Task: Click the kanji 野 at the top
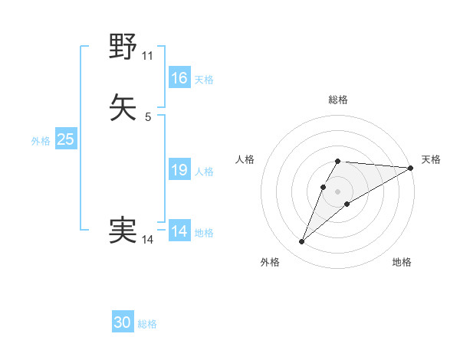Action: (123, 47)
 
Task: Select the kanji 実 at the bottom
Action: (123, 230)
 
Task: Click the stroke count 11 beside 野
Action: (148, 56)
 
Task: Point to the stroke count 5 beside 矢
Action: (148, 117)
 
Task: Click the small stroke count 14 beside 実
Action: (148, 240)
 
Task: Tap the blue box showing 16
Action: (179, 78)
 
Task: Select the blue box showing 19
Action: (179, 170)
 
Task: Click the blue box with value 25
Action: (65, 139)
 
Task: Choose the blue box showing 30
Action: (123, 322)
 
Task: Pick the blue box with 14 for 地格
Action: (179, 231)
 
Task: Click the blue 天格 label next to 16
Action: (204, 80)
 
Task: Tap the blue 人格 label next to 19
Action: (204, 172)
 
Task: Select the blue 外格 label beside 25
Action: (41, 141)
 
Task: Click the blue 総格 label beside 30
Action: (147, 324)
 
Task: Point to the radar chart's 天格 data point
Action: (411, 169)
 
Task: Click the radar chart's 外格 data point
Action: (302, 242)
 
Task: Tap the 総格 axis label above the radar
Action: (338, 100)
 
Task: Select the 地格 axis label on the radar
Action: (402, 262)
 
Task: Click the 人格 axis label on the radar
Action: (245, 159)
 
